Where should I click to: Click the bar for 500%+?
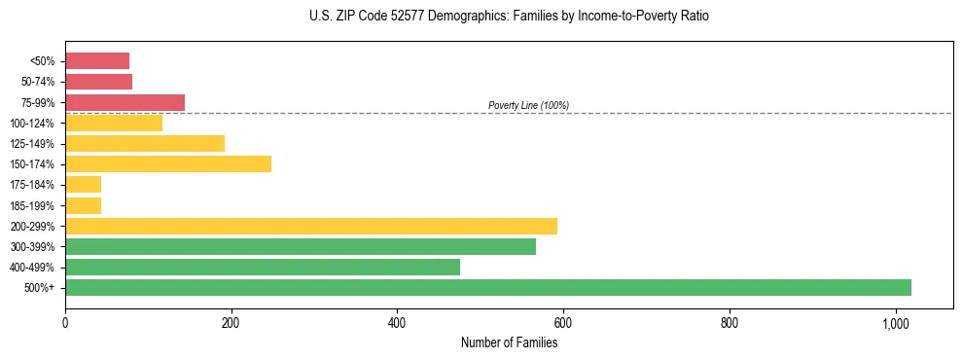(488, 287)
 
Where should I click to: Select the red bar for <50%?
(97, 61)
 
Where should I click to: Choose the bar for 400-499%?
(263, 267)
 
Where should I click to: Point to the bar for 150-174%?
(168, 163)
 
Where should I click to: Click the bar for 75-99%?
(125, 102)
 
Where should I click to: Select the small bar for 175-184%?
(83, 184)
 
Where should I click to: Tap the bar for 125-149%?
(145, 143)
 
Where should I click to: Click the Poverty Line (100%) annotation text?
(528, 105)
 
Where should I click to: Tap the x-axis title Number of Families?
(509, 342)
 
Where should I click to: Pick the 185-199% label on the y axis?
(32, 205)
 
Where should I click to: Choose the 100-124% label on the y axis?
(32, 123)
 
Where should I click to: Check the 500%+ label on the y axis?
(41, 288)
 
